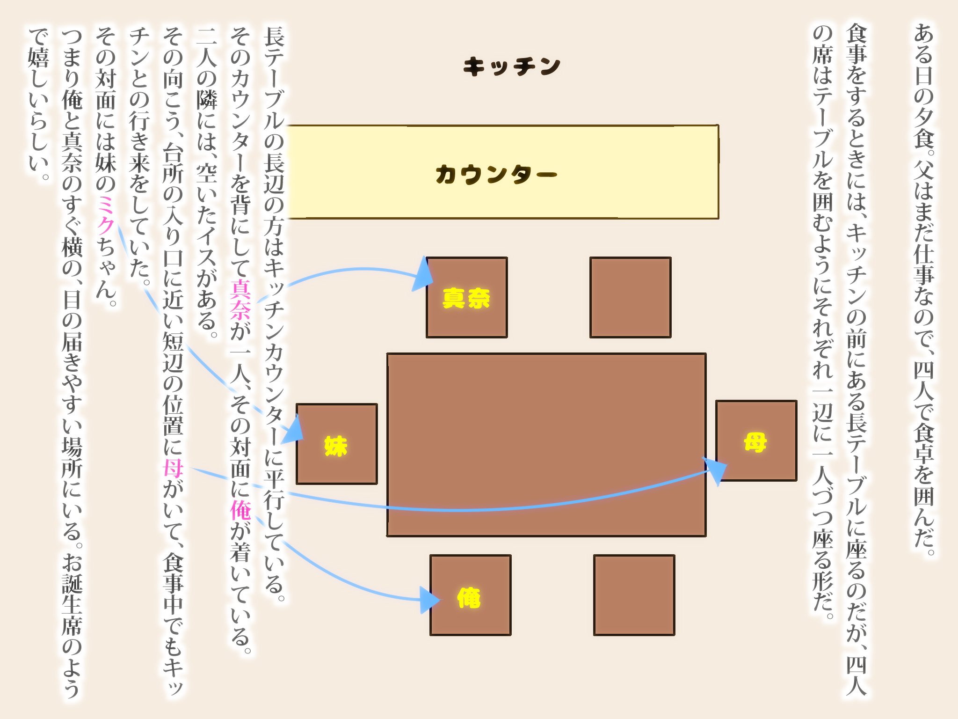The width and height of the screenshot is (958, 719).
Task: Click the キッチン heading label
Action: tap(512, 66)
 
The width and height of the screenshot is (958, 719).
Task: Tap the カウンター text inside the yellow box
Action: tap(496, 174)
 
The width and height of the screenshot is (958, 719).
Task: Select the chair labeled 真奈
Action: tap(467, 297)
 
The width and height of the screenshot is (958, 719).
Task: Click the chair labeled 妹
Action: tap(337, 444)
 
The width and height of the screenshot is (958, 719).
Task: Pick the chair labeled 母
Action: tap(756, 440)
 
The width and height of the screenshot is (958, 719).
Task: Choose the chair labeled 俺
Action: tap(471, 595)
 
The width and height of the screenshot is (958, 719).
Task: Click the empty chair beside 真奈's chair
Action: tap(631, 297)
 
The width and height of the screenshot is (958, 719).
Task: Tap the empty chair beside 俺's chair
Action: tap(634, 595)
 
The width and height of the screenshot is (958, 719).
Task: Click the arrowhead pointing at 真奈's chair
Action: tap(423, 276)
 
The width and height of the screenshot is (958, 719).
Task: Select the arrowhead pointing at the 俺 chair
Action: tap(430, 600)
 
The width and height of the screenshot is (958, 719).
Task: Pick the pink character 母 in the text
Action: tap(173, 468)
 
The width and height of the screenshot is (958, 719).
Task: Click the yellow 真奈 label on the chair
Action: tap(466, 298)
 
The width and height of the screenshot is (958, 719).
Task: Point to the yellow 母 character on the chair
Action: tap(755, 442)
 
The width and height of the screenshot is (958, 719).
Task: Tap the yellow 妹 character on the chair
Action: tap(336, 446)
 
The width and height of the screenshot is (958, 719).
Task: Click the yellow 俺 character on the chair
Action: tap(469, 598)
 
